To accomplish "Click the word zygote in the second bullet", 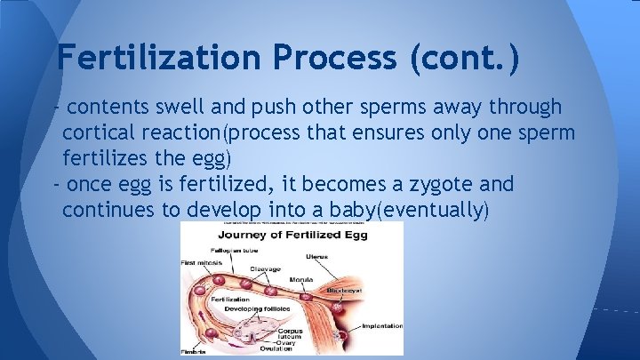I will tap(423, 184).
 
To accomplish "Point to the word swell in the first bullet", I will tap(197, 108).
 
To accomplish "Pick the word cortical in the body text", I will tap(98, 132).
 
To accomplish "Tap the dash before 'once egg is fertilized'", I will tap(57, 184).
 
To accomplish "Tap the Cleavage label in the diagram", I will tap(265, 269).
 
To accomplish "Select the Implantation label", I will tap(381, 326).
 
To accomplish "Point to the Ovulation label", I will tap(281, 348).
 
